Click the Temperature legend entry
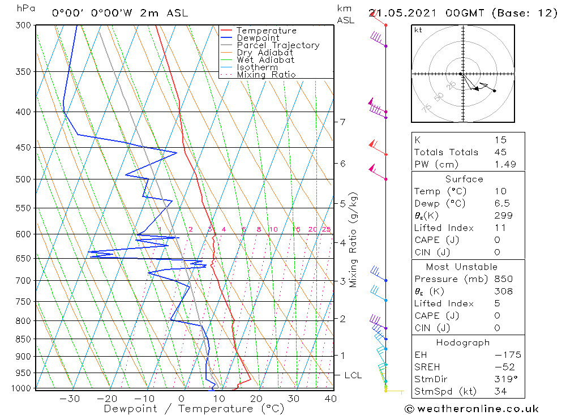[x=266, y=31]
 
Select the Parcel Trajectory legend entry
[x=278, y=45]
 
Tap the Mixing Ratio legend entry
[x=266, y=75]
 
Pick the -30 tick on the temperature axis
[x=70, y=399]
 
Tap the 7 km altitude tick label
[x=342, y=122]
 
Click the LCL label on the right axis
[x=353, y=375]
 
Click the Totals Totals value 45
[x=500, y=152]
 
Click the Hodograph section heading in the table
[x=464, y=343]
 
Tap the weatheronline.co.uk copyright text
[x=471, y=409]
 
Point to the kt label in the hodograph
[x=418, y=30]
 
